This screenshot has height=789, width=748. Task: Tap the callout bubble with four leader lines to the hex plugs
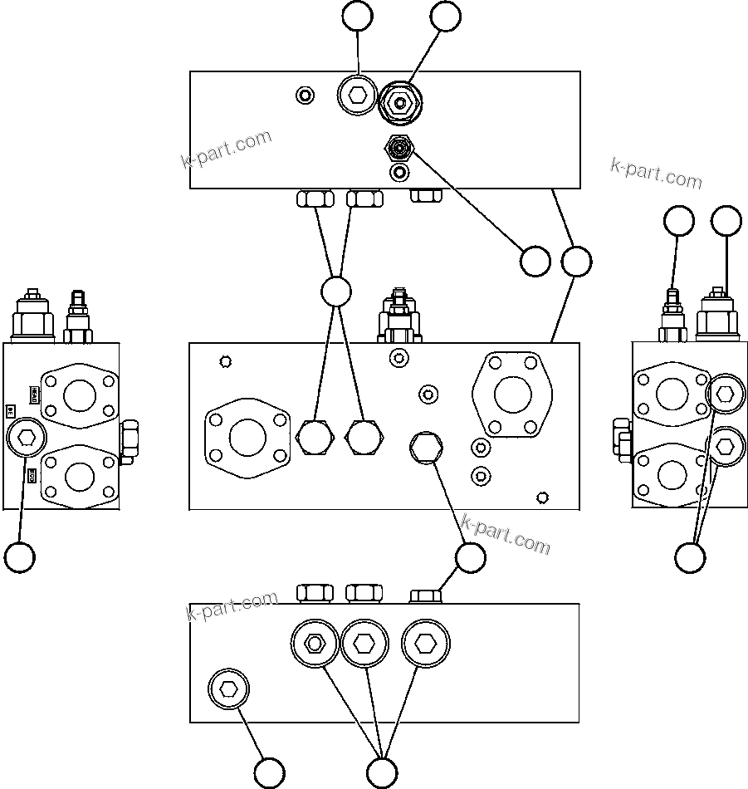pos(336,292)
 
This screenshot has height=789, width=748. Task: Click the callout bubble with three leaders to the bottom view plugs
pos(381,772)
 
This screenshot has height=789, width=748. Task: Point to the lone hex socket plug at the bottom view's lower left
pos(227,689)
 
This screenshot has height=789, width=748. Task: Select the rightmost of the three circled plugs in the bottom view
pos(425,644)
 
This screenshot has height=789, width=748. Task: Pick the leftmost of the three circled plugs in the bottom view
pos(315,644)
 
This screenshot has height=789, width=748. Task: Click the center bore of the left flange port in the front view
pos(247,438)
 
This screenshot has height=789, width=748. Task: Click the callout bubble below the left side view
pos(19,556)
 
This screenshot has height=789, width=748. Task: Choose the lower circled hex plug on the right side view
pos(725,447)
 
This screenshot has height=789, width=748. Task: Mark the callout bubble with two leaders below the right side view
pos(690,556)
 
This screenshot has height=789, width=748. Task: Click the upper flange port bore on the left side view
pos(80,393)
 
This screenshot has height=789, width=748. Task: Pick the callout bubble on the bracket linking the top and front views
pos(576,262)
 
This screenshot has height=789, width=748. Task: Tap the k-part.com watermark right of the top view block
pos(656,174)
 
